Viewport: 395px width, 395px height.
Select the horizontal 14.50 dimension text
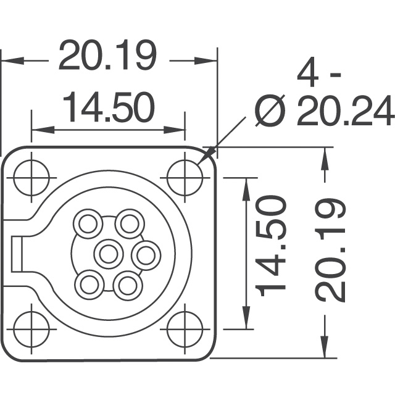tap(108, 108)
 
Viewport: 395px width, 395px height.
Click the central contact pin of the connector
tap(109, 252)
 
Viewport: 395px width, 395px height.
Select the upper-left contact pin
tap(88, 223)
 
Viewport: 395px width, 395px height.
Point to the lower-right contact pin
tap(128, 285)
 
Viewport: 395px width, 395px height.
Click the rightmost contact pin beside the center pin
tap(147, 253)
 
